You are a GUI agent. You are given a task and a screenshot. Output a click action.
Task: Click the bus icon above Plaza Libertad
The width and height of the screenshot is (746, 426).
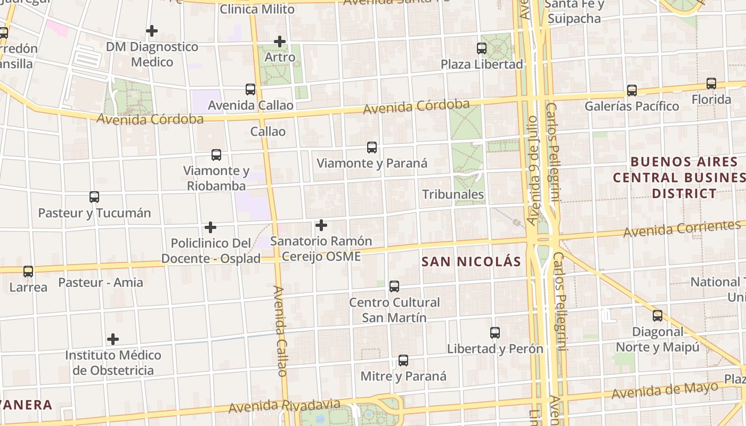coord(482,48)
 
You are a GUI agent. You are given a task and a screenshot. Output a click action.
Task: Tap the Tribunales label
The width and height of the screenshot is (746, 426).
coord(453,194)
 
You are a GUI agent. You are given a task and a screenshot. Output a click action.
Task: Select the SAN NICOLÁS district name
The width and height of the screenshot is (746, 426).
coord(471,261)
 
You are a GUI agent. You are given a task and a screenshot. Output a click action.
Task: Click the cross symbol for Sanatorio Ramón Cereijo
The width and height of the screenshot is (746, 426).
coord(321,225)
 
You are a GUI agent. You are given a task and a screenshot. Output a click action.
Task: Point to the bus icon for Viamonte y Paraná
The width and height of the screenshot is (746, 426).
coord(372,148)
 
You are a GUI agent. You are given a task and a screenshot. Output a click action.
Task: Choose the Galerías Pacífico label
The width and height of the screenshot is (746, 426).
coord(631,106)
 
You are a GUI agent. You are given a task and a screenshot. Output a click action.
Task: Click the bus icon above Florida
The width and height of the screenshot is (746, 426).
coord(711,84)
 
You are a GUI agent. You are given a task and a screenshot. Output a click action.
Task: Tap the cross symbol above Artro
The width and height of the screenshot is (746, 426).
coord(280,41)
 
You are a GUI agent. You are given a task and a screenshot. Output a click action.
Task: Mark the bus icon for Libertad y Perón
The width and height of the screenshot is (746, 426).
coord(495,333)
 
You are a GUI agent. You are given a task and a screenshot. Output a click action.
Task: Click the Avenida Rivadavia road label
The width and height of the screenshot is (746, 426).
coord(284,406)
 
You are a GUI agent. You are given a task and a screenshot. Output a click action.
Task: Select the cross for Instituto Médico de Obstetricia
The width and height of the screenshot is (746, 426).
coord(113,339)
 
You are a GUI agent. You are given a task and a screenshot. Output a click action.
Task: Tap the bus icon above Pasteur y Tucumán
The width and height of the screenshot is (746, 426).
coord(94,197)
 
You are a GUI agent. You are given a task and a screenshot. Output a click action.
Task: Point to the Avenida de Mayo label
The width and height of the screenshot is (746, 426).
coord(664,391)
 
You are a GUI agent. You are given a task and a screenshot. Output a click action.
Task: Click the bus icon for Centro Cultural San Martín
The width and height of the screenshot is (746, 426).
coord(394,286)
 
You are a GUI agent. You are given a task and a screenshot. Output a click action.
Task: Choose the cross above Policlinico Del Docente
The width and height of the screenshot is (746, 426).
coord(210,227)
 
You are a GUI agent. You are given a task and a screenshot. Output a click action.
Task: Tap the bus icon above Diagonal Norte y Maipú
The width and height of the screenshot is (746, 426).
coord(658,316)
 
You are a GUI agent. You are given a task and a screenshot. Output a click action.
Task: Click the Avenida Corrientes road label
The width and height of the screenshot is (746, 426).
coord(682,229)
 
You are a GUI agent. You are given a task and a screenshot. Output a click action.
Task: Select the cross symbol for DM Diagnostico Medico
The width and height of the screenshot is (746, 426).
coord(152,31)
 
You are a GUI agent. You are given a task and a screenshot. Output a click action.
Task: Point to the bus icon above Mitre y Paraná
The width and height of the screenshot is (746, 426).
coord(403,361)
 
